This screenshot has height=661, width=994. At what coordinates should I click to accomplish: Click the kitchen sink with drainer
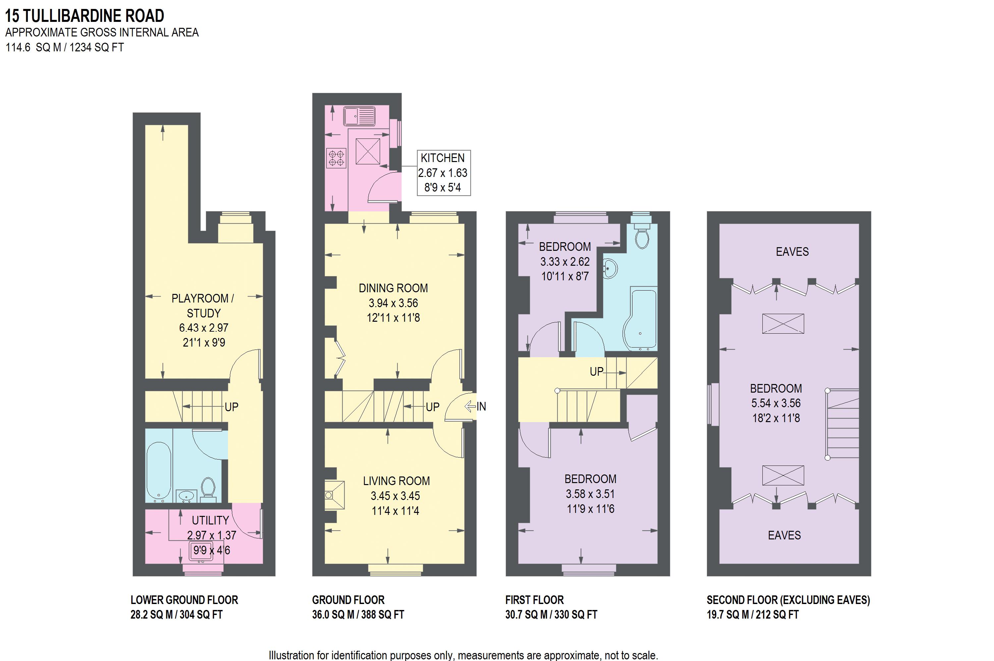pos(359,116)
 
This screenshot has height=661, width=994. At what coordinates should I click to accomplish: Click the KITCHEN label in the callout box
pos(442,158)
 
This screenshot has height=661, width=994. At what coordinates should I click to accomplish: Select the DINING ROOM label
pos(393,288)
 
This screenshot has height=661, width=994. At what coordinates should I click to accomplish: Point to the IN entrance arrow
pos(475,407)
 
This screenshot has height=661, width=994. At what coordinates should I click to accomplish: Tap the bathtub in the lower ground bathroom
pos(158,472)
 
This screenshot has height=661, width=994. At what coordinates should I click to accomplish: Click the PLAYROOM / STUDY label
pos(203,305)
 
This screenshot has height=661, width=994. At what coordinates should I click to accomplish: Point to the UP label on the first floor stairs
pos(596,372)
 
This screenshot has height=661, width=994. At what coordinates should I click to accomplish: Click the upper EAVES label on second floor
pos(792,252)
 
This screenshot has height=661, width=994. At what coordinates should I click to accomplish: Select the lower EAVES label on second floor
pos(784,535)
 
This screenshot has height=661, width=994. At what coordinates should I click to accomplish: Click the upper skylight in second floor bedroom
pos(783,324)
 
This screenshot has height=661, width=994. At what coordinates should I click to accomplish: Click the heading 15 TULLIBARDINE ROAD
pos(84,16)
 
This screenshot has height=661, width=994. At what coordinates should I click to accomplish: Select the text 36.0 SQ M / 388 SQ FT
pos(358,615)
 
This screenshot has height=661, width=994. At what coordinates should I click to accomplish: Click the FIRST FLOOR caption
pos(534,600)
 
